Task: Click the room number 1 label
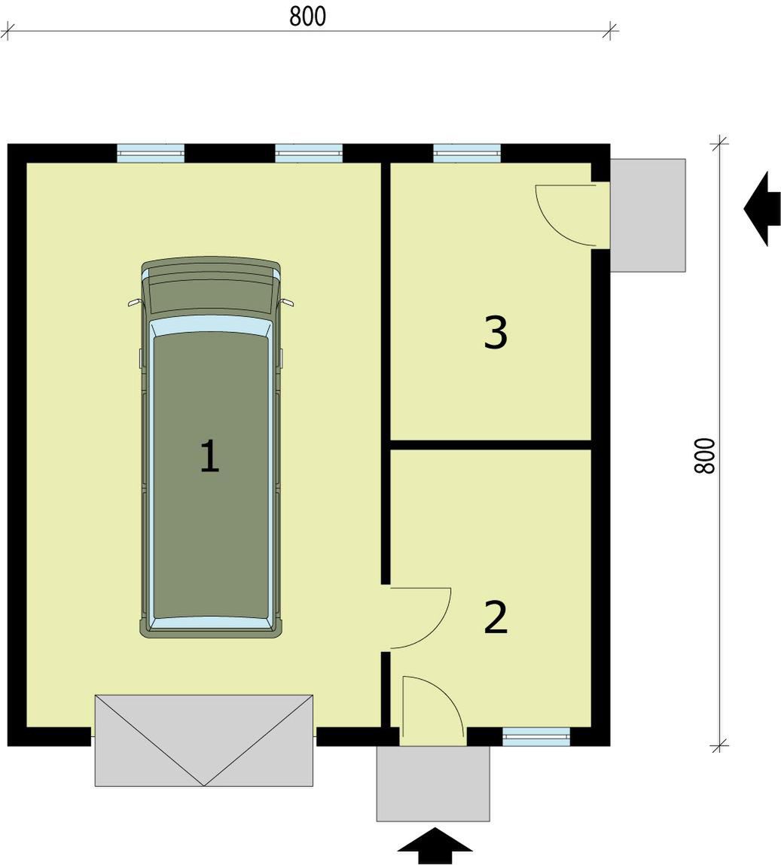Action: pos(209,456)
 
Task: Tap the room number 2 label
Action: pos(496,617)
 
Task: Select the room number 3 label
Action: pos(496,333)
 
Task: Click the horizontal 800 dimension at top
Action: pos(308,17)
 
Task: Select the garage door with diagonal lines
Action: pos(203,739)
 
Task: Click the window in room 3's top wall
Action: pos(467,153)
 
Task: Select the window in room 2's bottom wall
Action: pos(535,736)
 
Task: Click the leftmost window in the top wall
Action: pos(151,153)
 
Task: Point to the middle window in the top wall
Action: pos(309,153)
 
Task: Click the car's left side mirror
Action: pos(134,303)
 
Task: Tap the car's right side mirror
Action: pos(287,303)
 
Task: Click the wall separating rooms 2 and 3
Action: pos(490,445)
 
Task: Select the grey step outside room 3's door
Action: pos(648,215)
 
